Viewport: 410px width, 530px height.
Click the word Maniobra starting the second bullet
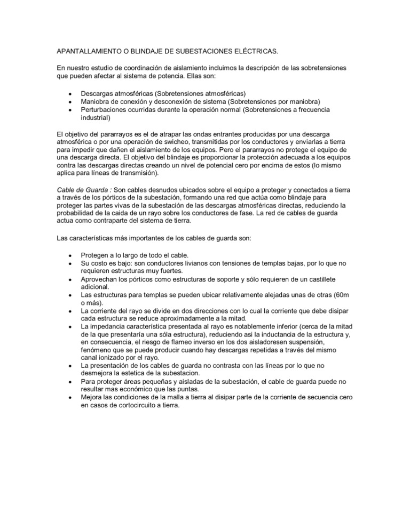pos(96,101)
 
